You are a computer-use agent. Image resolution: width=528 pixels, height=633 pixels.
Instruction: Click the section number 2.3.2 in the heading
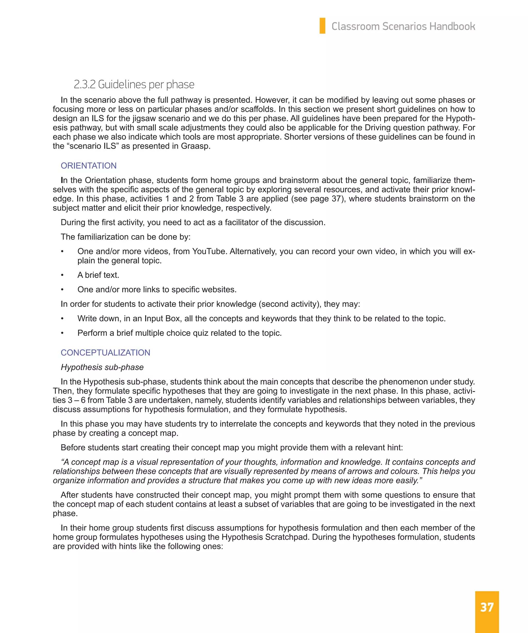84,84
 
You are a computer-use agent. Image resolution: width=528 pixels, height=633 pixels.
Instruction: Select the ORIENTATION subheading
88,166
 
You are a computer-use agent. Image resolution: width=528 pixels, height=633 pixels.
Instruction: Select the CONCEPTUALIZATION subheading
105,352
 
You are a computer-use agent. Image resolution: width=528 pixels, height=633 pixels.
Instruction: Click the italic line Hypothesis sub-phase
102,367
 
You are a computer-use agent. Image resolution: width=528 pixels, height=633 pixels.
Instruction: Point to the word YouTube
209,251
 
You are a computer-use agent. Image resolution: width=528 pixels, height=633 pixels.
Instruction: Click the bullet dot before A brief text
62,275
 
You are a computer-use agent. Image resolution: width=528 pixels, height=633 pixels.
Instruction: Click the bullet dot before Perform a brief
62,333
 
